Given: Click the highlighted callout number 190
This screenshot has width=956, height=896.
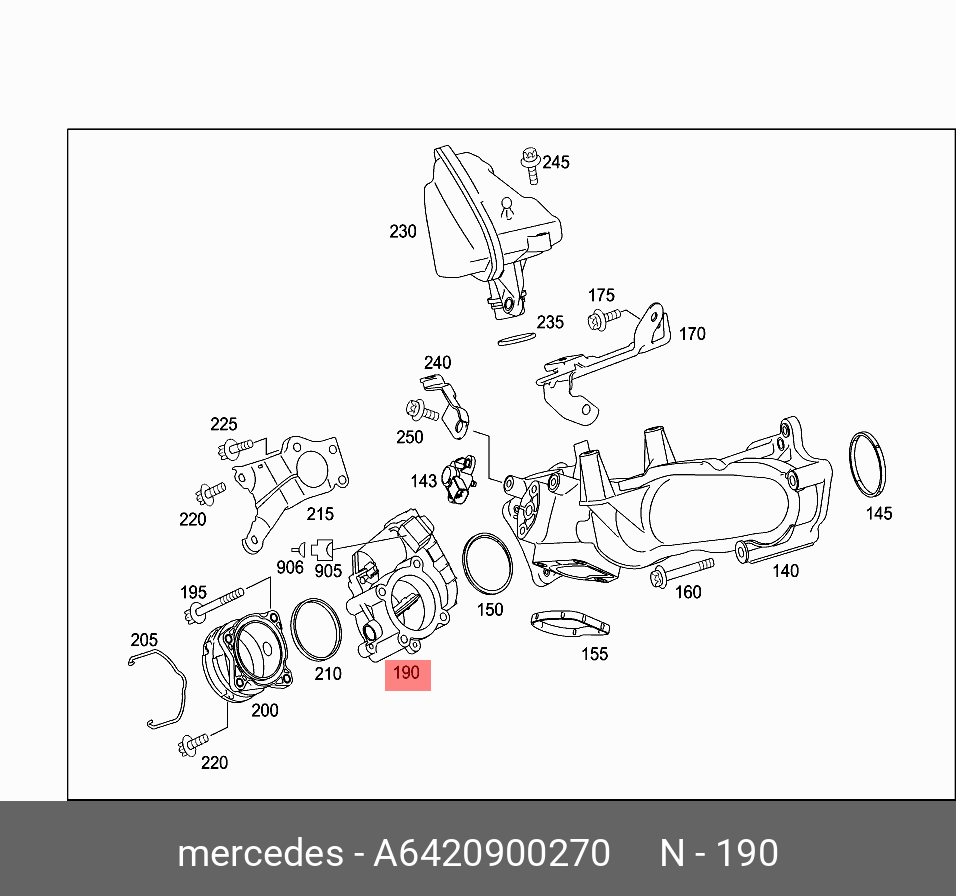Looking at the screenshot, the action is [407, 673].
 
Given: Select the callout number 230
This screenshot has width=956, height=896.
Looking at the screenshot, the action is [402, 232].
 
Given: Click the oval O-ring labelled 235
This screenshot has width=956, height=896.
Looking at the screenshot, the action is [517, 339].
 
